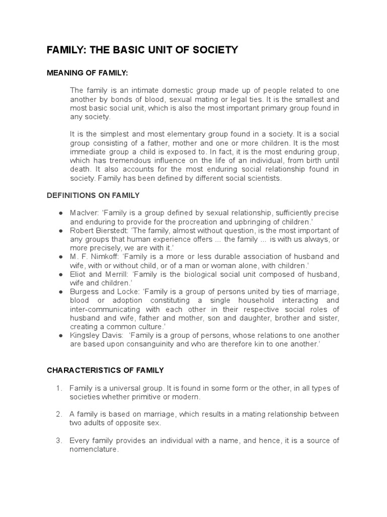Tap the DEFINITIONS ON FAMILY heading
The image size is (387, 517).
click(x=93, y=195)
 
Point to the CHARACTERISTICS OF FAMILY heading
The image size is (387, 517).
click(x=105, y=370)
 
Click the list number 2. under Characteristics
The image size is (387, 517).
click(x=59, y=414)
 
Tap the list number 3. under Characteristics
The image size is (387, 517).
click(x=59, y=441)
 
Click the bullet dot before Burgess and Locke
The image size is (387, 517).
click(x=60, y=292)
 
